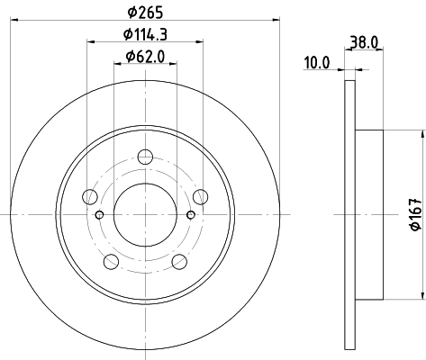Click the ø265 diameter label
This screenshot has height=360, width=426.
tap(145, 13)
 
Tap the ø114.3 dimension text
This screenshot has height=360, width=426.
tap(145, 34)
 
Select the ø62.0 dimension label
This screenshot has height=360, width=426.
tap(145, 57)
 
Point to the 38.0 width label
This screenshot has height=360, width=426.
tap(364, 42)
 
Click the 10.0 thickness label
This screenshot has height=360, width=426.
tap(317, 63)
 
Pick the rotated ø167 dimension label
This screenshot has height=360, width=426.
tap(417, 214)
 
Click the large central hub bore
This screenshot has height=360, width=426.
tap(145, 215)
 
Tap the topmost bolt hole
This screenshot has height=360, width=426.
tap(145, 157)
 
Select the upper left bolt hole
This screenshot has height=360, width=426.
tap(90, 197)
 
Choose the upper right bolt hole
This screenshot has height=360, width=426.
tap(201, 197)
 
